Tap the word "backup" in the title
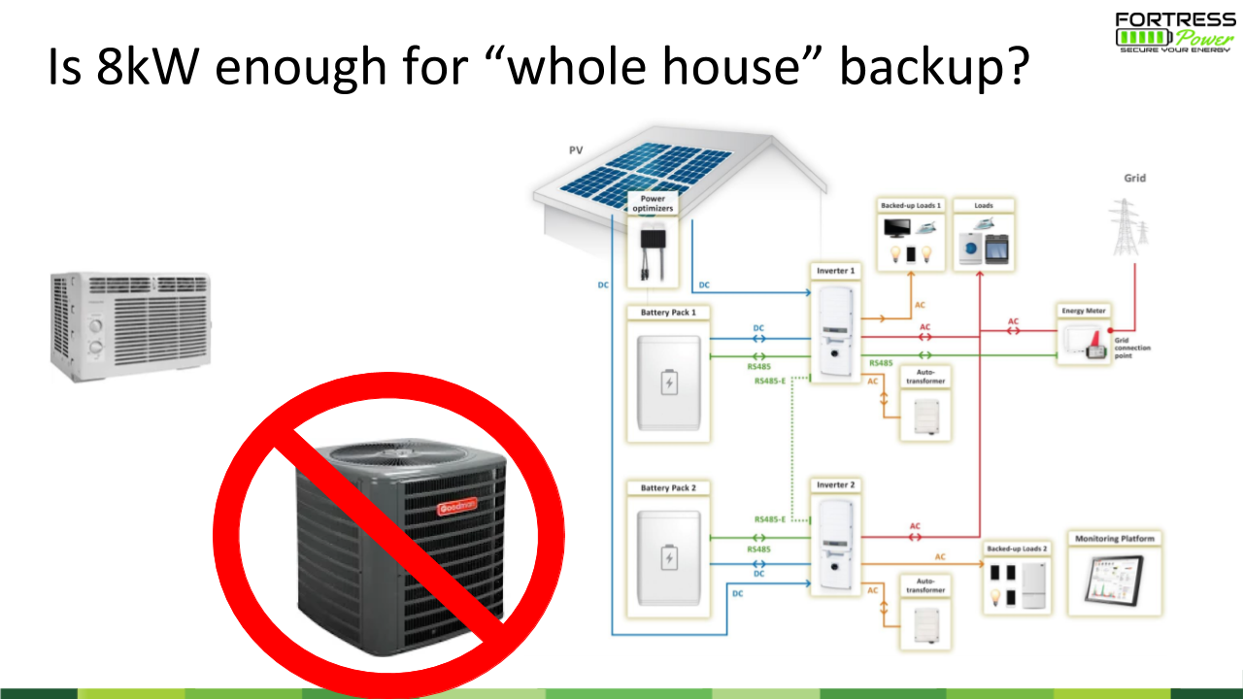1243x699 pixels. pyautogui.click(x=932, y=70)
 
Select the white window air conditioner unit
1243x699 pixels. pyautogui.click(x=131, y=320)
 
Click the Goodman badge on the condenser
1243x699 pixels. pyautogui.click(x=454, y=506)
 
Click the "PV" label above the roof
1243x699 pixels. pyautogui.click(x=576, y=150)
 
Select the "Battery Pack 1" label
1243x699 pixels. pyautogui.click(x=668, y=313)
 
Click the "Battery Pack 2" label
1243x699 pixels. pyautogui.click(x=668, y=487)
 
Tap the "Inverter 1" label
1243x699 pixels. pyautogui.click(x=835, y=270)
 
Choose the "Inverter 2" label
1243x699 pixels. pyautogui.click(x=835, y=484)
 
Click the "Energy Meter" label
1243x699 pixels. pyautogui.click(x=1084, y=311)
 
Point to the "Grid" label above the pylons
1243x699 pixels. pyautogui.click(x=1134, y=178)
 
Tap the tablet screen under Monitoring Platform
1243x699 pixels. pyautogui.click(x=1114, y=582)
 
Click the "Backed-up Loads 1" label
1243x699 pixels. pyautogui.click(x=911, y=206)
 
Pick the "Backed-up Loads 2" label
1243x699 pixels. pyautogui.click(x=1017, y=549)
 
